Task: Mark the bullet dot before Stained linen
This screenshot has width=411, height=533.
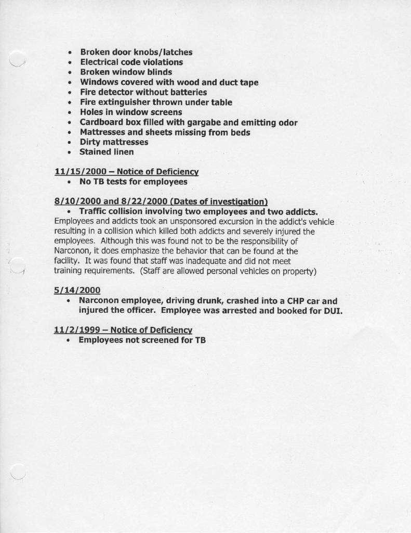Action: coord(69,153)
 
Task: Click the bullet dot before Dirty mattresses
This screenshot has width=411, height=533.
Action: coord(69,143)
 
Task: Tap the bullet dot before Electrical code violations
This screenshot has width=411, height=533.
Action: coord(69,62)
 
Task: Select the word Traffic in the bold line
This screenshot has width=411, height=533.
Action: coord(95,211)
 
